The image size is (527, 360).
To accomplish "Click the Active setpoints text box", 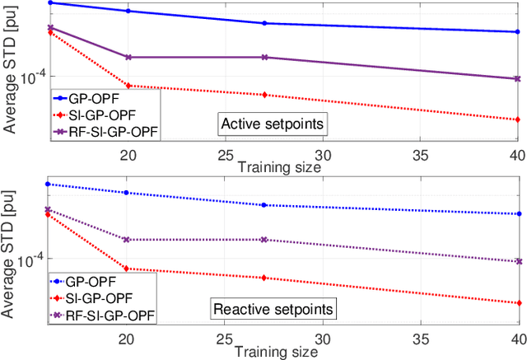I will (270, 124).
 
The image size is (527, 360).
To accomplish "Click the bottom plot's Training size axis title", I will (276, 352).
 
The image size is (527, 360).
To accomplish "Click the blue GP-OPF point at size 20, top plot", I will (128, 11).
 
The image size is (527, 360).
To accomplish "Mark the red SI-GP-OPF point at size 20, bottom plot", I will (128, 268).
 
